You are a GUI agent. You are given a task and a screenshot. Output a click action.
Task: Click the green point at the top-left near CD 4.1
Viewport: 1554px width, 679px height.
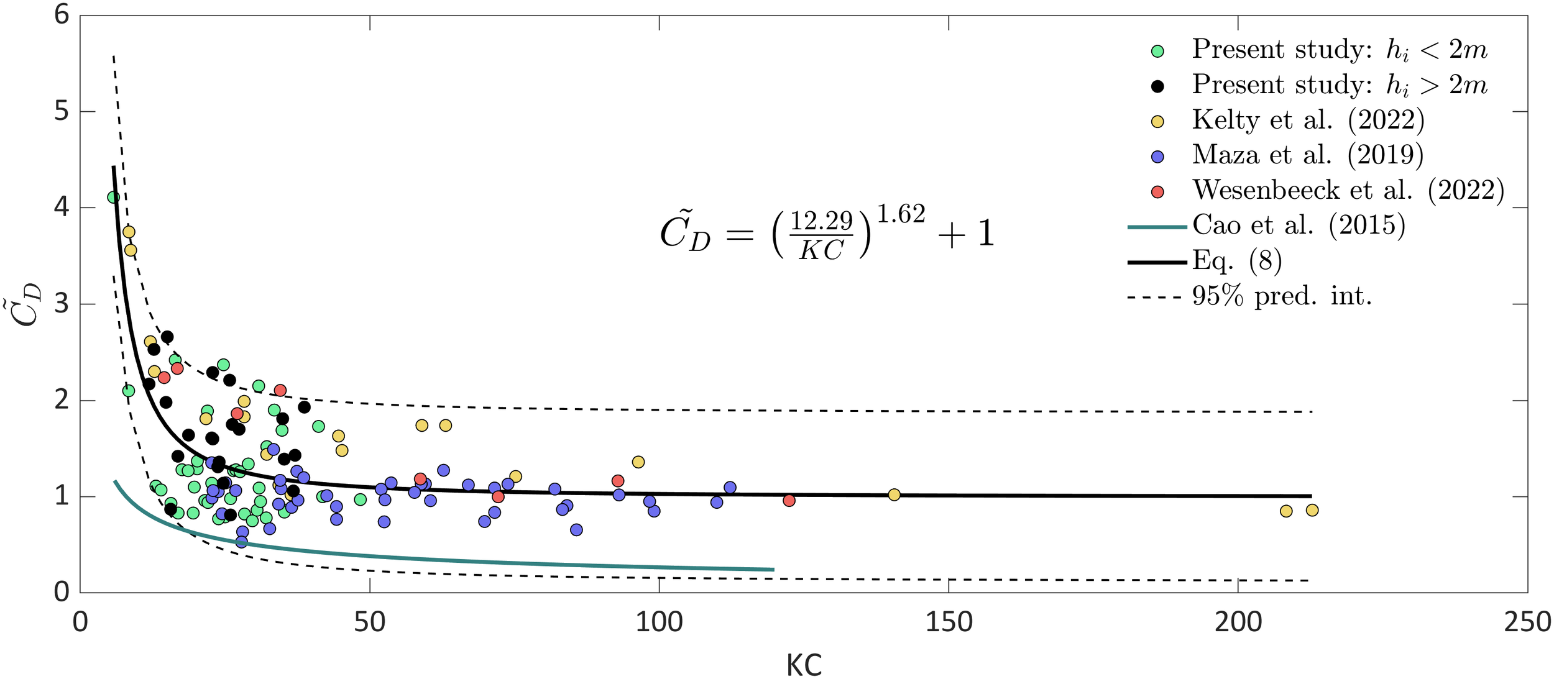pos(113,198)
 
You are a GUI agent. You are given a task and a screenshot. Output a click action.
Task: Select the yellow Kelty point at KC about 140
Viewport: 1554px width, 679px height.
pos(894,494)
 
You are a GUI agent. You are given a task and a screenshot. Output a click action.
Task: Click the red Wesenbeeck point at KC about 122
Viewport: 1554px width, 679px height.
pos(789,500)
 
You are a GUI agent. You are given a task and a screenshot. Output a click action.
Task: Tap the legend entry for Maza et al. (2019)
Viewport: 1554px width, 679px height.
pos(1307,155)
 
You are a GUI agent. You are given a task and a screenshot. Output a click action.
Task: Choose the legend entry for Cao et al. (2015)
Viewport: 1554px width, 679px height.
pos(1298,226)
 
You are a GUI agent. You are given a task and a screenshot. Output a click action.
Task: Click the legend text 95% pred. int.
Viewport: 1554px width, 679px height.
pos(1281,296)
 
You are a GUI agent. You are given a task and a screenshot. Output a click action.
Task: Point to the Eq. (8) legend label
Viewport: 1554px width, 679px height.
pos(1236,261)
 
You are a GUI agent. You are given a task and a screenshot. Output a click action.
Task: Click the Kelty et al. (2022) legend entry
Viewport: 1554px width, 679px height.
pos(1307,120)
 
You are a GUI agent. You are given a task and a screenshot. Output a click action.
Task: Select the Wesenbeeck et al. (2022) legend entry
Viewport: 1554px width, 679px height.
pos(1347,190)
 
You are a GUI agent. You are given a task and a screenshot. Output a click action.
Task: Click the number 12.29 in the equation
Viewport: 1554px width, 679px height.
pos(821,221)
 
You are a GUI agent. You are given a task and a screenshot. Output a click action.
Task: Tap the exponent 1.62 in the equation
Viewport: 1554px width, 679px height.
pos(901,214)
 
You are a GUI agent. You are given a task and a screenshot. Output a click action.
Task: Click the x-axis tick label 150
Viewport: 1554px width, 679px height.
pos(949,622)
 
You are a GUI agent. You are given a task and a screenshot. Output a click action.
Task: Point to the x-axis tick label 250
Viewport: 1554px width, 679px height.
pos(1527,622)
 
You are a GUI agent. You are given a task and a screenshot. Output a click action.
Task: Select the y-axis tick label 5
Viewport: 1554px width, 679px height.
pos(62,112)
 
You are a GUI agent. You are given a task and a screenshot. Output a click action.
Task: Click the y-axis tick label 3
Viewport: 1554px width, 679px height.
pos(62,304)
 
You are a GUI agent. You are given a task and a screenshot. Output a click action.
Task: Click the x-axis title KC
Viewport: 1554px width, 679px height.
pos(804,665)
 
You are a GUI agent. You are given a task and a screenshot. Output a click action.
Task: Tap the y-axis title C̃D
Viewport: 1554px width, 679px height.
pos(28,304)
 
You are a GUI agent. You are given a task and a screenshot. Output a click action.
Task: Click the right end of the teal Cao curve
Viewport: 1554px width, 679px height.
pos(773,569)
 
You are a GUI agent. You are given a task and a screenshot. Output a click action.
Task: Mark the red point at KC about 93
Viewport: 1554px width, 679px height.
pos(617,481)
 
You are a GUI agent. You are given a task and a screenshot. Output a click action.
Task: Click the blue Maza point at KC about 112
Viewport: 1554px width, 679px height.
pos(730,488)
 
